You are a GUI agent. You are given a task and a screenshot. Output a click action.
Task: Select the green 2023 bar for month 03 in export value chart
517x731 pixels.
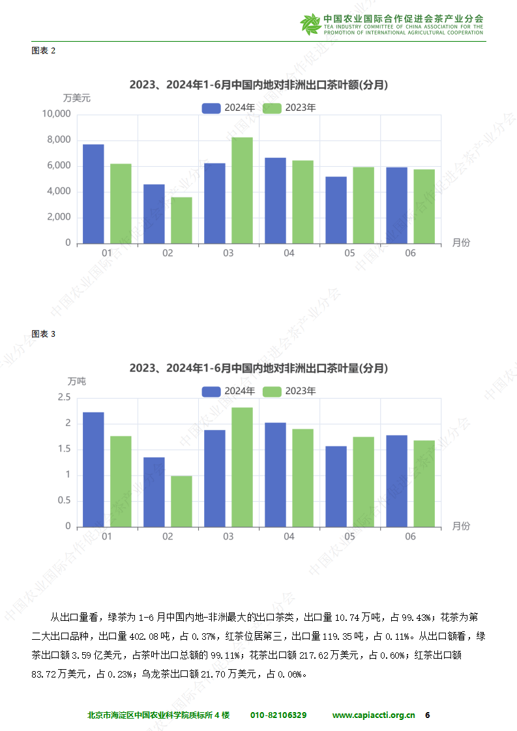click(242, 190)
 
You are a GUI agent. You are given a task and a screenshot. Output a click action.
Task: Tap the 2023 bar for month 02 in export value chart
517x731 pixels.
click(181, 220)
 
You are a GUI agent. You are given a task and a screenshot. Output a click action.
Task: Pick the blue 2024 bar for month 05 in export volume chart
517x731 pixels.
click(336, 486)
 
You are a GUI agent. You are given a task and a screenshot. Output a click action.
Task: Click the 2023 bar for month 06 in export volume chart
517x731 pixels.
click(424, 483)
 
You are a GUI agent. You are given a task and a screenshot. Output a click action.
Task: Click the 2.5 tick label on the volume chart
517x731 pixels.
click(64, 397)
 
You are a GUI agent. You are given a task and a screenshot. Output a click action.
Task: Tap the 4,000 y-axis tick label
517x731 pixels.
click(59, 192)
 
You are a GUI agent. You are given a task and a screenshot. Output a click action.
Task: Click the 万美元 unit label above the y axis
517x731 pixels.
click(77, 98)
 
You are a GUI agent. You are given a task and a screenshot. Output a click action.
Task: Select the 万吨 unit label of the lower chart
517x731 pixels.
click(77, 381)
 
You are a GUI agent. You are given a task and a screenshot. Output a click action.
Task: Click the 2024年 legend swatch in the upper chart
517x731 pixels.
click(211, 108)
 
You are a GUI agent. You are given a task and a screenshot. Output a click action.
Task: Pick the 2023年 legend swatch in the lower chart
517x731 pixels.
click(272, 392)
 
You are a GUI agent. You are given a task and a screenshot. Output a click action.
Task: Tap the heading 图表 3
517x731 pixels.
click(44, 334)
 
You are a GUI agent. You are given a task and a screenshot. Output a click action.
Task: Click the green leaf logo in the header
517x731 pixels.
click(310, 24)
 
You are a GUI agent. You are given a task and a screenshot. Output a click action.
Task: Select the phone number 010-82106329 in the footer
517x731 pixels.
click(278, 715)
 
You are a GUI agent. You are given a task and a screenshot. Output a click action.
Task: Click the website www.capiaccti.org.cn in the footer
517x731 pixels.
click(374, 715)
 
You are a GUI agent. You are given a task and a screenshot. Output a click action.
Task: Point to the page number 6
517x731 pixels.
click(428, 715)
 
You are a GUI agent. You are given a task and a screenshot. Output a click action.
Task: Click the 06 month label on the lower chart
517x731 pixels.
click(410, 536)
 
